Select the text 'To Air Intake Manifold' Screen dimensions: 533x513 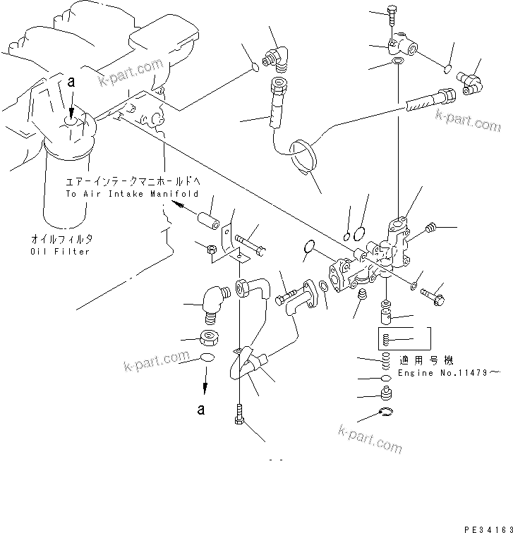tap(132, 193)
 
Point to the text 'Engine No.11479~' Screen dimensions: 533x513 tap(449, 372)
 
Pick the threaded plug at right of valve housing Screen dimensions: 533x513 tap(433, 228)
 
